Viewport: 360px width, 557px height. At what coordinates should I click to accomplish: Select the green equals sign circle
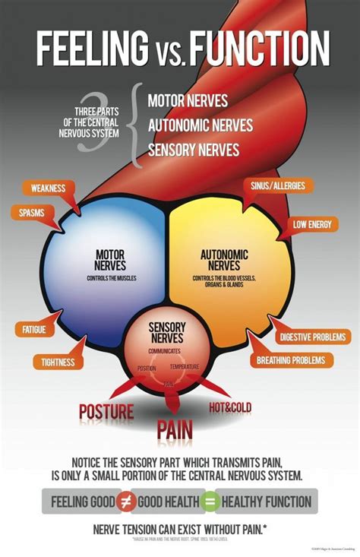[x=210, y=502]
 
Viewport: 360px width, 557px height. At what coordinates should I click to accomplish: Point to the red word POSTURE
[x=106, y=412]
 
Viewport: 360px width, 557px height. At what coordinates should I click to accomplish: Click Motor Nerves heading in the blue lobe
[x=110, y=260]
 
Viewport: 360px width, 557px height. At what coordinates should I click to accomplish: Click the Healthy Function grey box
[x=267, y=502]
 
